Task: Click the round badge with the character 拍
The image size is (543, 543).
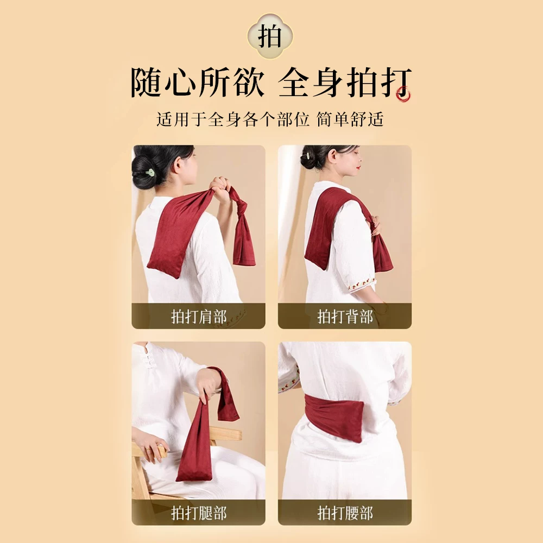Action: (270, 36)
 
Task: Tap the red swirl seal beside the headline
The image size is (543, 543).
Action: (404, 93)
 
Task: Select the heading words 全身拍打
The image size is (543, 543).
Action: (345, 83)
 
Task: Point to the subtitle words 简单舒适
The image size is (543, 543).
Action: (350, 119)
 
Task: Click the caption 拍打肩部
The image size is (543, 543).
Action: (199, 317)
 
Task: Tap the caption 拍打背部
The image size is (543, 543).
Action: (345, 317)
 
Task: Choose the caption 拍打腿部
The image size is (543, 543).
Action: (199, 513)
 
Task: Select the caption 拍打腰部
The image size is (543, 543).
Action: (345, 513)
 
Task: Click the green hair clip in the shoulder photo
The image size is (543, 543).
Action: (150, 172)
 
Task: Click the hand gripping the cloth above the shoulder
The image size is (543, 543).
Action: (220, 189)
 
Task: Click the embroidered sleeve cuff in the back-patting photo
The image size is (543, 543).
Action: (362, 285)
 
